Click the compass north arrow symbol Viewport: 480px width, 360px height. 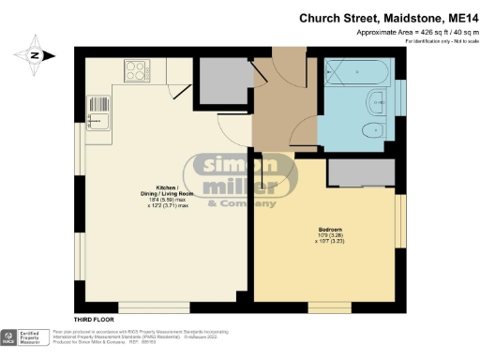[x=35, y=53]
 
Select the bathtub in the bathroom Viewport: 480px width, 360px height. [x=354, y=72]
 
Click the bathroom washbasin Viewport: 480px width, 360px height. [x=377, y=100]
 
